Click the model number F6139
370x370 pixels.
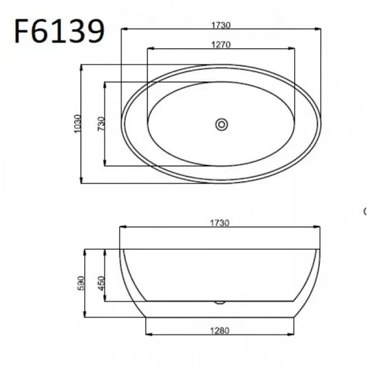59,30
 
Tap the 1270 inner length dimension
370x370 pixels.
220,44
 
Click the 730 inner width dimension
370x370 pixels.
101,123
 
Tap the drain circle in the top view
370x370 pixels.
221,125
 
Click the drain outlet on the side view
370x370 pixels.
220,302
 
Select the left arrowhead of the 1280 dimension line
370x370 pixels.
149,335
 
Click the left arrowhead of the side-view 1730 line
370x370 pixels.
122,228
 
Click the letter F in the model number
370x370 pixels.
23,30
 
